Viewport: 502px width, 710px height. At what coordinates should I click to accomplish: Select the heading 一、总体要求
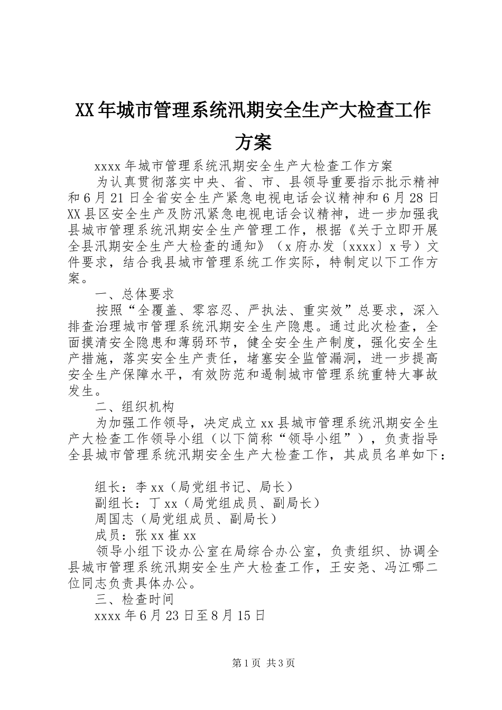pos(134,293)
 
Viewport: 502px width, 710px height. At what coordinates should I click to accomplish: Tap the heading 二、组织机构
pos(134,407)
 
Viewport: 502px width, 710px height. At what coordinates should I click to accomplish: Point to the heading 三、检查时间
pos(134,600)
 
